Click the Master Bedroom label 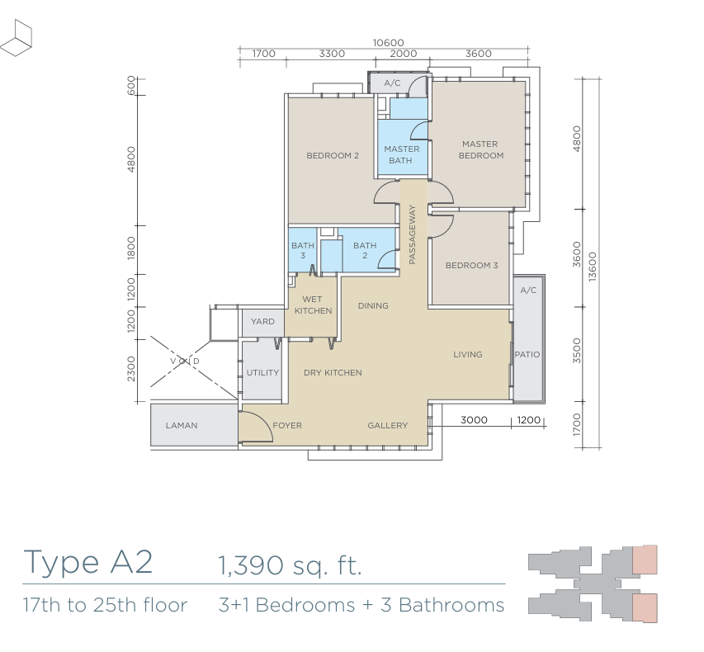click(480, 149)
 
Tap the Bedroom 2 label click(333, 155)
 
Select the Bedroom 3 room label click(471, 265)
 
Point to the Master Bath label click(401, 154)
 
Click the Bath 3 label click(303, 250)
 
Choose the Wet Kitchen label click(313, 305)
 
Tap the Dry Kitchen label click(333, 372)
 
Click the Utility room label click(262, 372)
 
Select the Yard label click(262, 321)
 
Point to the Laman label click(182, 425)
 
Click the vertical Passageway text click(413, 234)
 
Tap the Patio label click(527, 354)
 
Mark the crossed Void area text click(185, 361)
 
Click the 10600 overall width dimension click(389, 43)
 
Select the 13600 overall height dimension click(593, 267)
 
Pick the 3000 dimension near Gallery click(474, 420)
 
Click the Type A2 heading click(88, 561)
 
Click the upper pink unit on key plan click(645, 560)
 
